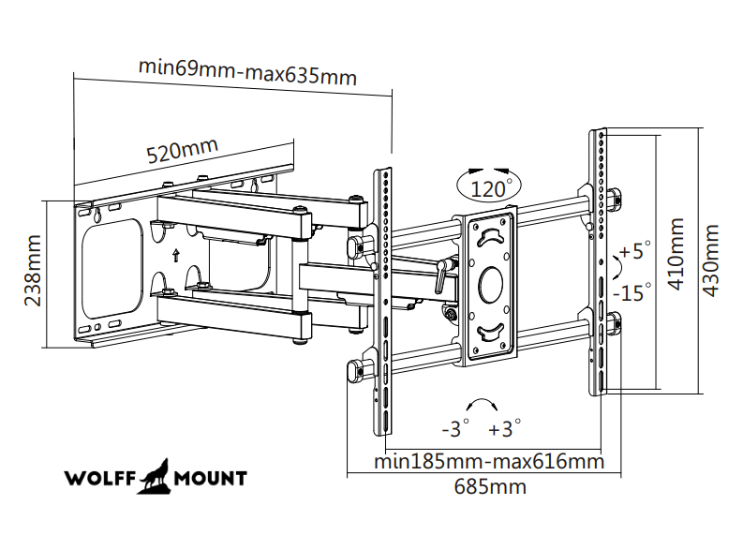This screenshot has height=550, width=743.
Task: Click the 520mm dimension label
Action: click(x=182, y=150)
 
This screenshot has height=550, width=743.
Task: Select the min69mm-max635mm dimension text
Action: click(x=247, y=72)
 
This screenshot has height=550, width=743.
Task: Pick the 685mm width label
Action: click(x=489, y=486)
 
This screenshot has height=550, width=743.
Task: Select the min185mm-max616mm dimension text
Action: click(x=488, y=461)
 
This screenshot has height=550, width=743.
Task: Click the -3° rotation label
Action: click(x=454, y=429)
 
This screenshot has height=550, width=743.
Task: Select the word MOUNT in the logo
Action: click(x=211, y=479)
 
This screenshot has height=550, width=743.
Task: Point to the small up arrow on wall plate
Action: click(x=175, y=254)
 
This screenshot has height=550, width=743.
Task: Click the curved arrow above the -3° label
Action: click(x=482, y=404)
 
